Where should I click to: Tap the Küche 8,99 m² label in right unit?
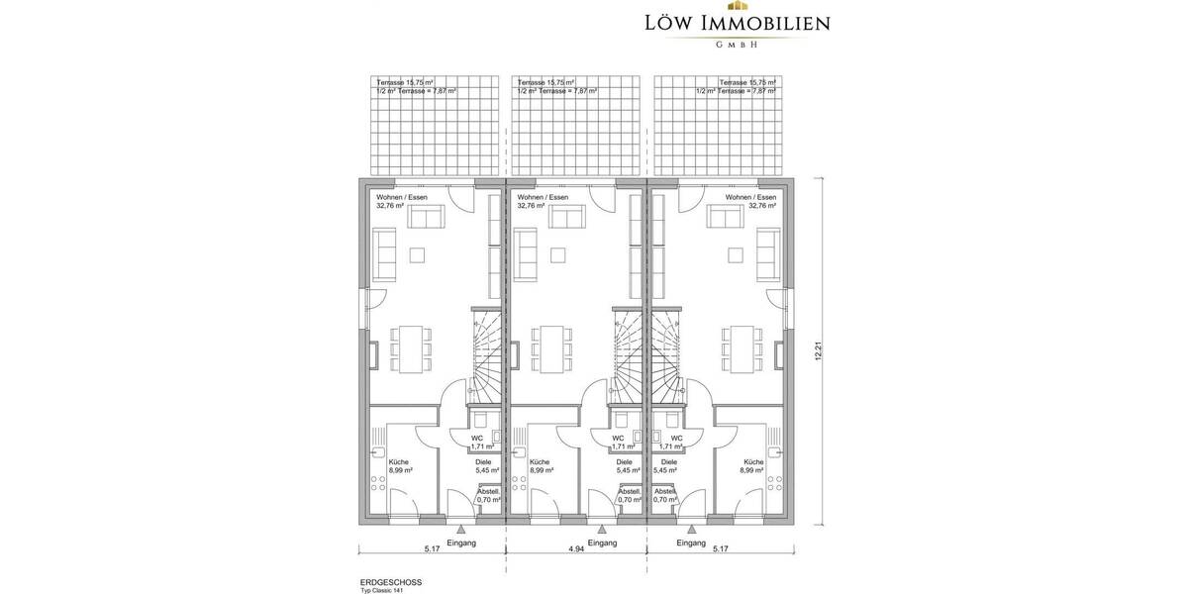click(751, 466)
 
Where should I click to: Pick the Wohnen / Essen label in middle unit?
click(544, 202)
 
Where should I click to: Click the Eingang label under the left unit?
click(461, 544)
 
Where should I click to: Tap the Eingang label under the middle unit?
click(603, 544)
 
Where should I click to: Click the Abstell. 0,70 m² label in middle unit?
click(629, 496)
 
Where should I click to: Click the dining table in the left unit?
click(410, 349)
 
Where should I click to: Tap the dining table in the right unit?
click(742, 349)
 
